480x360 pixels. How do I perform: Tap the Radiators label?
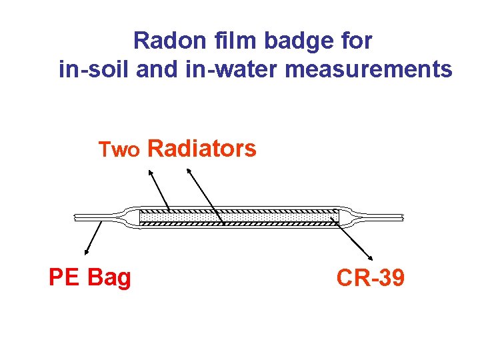201,149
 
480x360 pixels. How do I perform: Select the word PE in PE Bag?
64,277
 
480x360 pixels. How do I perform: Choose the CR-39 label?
370,277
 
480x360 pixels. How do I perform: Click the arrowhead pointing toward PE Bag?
87,252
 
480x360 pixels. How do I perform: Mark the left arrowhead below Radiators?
149,172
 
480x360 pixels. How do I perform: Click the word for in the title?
359,41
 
